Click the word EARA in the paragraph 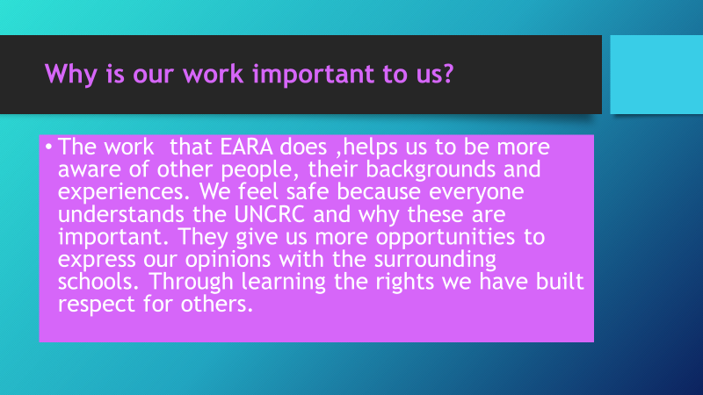coord(246,147)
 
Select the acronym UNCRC coord(270,214)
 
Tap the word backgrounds coord(431,170)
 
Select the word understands coord(121,214)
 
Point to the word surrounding coord(435,260)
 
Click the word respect coord(97,305)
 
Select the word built coord(560,281)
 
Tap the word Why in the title coord(71,75)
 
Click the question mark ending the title coord(448,73)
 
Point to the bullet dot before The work coord(48,147)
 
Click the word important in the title coord(314,75)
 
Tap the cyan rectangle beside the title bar coord(656,75)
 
